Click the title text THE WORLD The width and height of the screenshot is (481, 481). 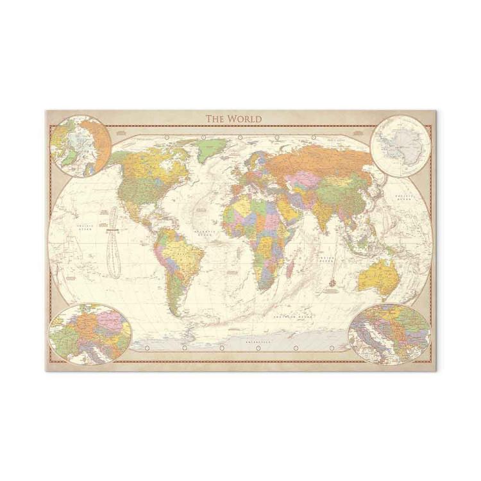pos(233,119)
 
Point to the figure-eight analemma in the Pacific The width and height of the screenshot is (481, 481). pos(114,243)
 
